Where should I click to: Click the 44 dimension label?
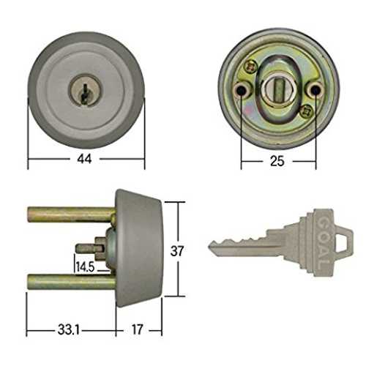[84, 159]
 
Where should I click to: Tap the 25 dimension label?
[277, 161]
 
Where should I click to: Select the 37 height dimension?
[177, 251]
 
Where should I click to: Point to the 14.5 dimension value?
[85, 266]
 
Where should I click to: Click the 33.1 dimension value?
[69, 330]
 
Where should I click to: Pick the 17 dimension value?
[137, 330]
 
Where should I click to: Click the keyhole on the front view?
[85, 94]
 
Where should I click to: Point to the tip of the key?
[209, 247]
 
